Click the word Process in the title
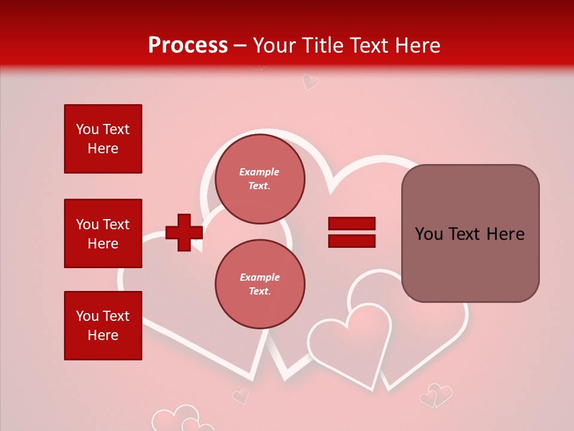(188, 45)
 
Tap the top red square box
(103, 139)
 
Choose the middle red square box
(103, 233)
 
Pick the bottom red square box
(103, 326)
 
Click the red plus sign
(184, 233)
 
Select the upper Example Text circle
(259, 178)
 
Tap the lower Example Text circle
(259, 284)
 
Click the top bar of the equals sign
(352, 224)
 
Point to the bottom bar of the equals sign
(352, 241)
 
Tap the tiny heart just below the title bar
(310, 81)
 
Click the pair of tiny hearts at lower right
(436, 396)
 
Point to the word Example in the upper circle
(259, 172)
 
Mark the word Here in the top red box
(103, 148)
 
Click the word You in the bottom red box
(87, 316)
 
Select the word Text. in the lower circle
(259, 292)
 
